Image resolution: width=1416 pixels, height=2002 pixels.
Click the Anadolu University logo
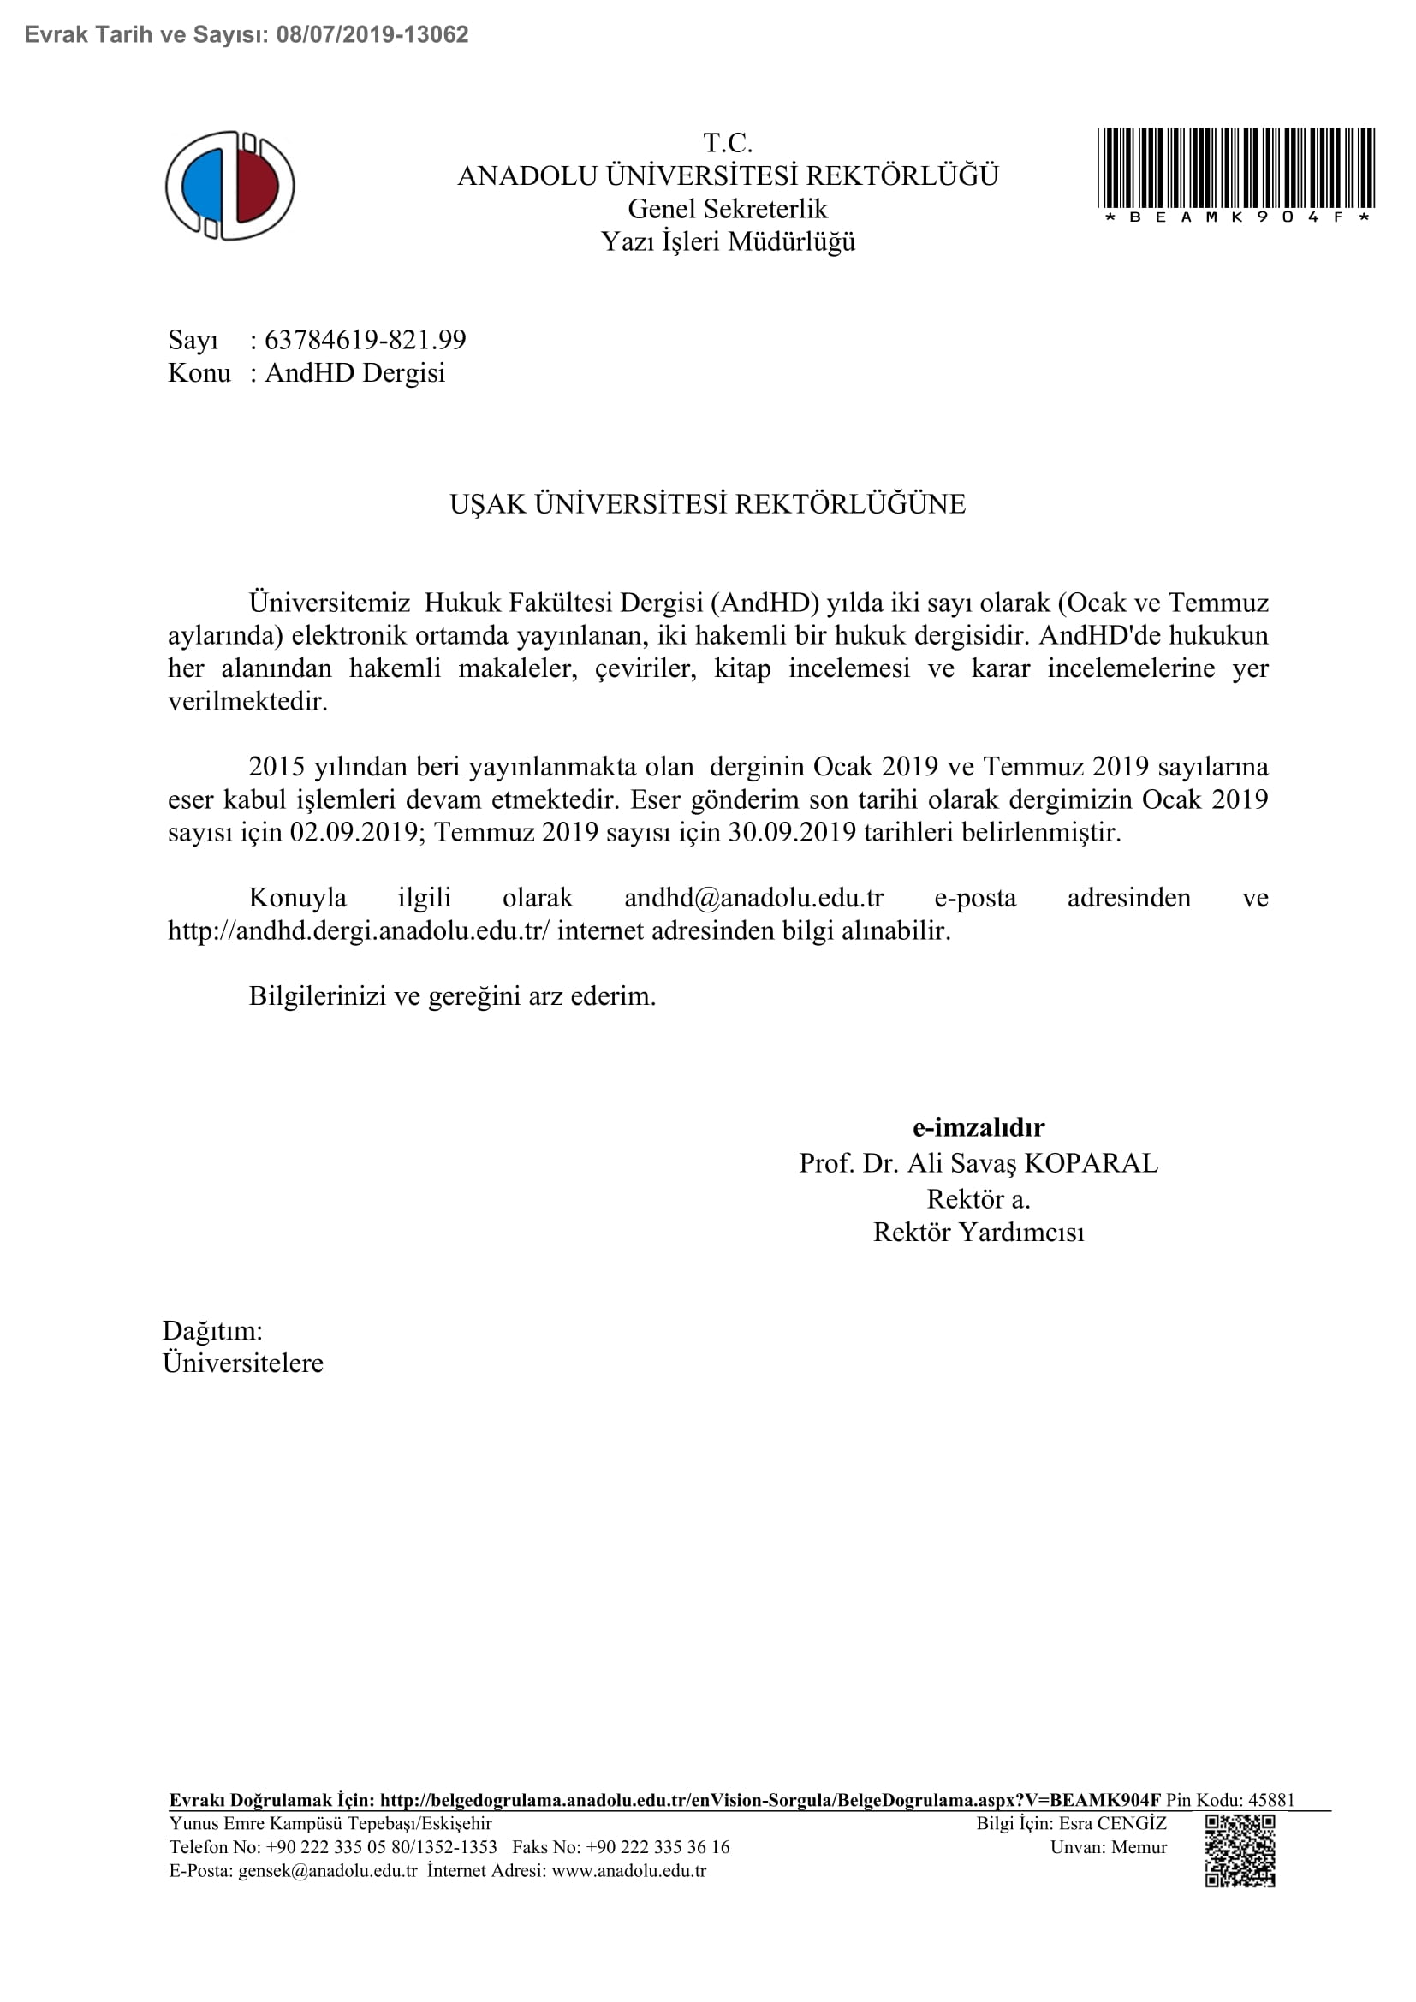pos(230,186)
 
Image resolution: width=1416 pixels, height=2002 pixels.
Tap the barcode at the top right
pos(1235,168)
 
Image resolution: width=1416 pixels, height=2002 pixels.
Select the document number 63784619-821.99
pos(366,340)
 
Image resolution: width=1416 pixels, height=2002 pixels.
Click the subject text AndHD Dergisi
pos(355,373)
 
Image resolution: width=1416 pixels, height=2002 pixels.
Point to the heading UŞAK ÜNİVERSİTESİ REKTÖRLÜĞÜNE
pos(707,504)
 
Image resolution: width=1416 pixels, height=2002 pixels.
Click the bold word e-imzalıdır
pos(979,1127)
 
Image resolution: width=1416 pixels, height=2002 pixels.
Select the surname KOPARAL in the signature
pos(1091,1163)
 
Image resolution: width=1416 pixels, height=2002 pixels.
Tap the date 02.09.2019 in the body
pos(354,832)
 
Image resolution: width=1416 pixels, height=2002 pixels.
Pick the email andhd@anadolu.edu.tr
pos(753,897)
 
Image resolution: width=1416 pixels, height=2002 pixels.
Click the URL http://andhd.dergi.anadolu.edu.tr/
pos(359,930)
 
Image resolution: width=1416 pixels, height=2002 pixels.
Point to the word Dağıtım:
pos(211,1331)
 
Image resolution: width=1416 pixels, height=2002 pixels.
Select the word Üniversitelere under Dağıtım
pos(242,1363)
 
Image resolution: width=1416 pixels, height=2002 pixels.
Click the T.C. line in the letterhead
pos(727,143)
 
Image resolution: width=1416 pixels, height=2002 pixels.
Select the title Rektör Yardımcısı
pos(979,1232)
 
